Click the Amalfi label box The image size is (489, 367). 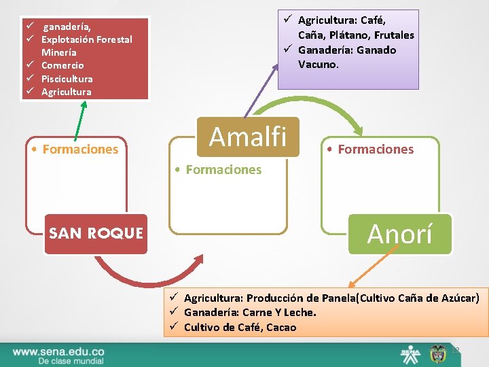pyautogui.click(x=248, y=137)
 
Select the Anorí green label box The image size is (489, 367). pyautogui.click(x=399, y=234)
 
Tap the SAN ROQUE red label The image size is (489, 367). pyautogui.click(x=96, y=234)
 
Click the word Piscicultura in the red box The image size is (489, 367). pyautogui.click(x=67, y=79)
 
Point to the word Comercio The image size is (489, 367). pyautogui.click(x=62, y=65)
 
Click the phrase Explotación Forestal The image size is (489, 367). pyautogui.click(x=86, y=39)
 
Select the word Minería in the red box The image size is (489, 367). pyautogui.click(x=58, y=52)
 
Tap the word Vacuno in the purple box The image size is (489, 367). pyautogui.click(x=319, y=65)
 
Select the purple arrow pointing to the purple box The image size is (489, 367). pyautogui.click(x=261, y=88)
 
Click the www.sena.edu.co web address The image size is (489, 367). pyautogui.click(x=58, y=351)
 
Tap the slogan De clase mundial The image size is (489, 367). pyautogui.click(x=71, y=361)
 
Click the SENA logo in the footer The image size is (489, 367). pyautogui.click(x=410, y=353)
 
